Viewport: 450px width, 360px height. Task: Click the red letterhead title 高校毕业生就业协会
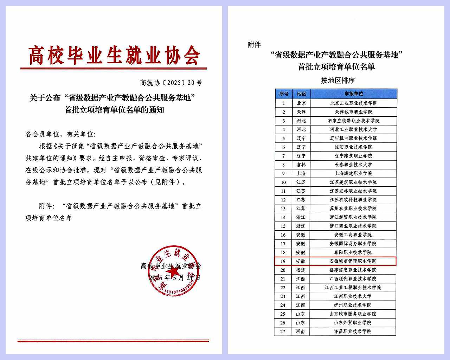point(114,55)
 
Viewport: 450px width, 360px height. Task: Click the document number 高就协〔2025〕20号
point(171,83)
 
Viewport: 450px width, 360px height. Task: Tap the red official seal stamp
point(171,270)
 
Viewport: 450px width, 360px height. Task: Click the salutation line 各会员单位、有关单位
point(60,134)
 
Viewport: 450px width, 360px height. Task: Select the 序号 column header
point(284,94)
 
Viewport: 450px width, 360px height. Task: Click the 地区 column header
point(301,94)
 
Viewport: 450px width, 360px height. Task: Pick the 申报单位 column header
point(354,94)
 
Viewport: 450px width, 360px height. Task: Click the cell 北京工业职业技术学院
point(354,103)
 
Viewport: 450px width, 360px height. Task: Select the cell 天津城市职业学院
point(354,112)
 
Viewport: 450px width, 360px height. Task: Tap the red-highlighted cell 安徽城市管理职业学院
point(353,261)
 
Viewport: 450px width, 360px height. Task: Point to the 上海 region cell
point(301,173)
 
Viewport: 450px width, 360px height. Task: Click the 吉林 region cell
point(301,165)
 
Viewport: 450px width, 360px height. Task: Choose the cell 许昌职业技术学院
point(353,332)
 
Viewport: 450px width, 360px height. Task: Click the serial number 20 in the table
point(283,270)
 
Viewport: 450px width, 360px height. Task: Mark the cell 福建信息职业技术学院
point(353,270)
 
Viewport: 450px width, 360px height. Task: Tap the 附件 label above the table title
point(254,45)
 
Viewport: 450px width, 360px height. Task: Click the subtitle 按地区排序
point(337,81)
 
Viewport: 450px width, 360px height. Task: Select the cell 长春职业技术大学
point(353,165)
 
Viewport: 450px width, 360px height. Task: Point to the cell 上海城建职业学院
point(353,173)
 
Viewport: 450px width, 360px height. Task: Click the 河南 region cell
point(301,332)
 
